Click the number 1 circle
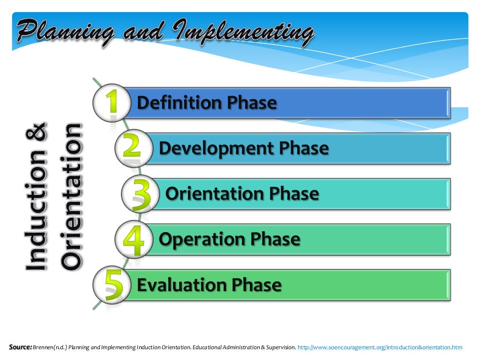(x=111, y=103)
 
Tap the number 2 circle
(x=133, y=148)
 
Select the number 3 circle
(x=140, y=194)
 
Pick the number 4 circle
(x=133, y=239)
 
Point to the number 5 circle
(x=111, y=285)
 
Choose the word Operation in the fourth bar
(x=202, y=239)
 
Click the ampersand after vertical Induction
(x=37, y=132)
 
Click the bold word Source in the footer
(x=20, y=347)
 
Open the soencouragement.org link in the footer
(x=380, y=347)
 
